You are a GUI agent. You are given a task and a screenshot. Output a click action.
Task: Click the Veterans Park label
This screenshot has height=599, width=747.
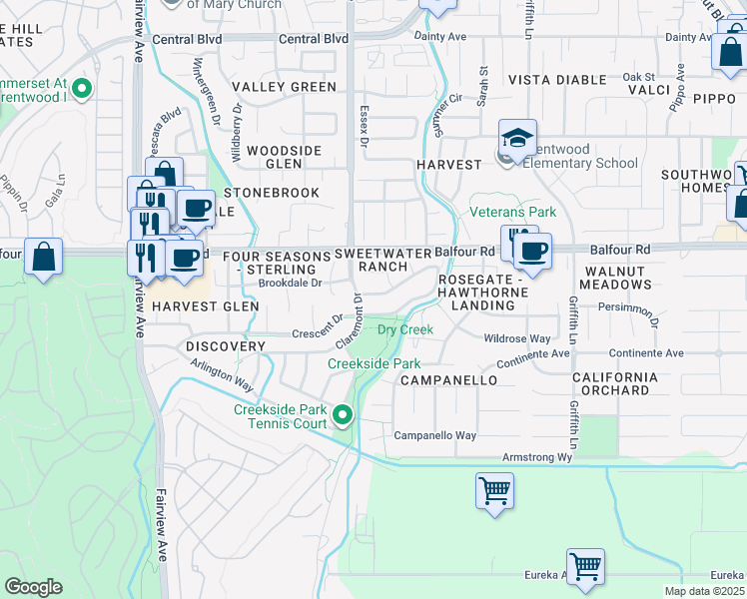click(x=513, y=212)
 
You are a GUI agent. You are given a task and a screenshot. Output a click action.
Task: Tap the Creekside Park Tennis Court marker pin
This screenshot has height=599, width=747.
click(x=344, y=413)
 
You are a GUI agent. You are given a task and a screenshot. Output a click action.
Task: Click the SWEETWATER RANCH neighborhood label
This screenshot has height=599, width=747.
click(x=382, y=260)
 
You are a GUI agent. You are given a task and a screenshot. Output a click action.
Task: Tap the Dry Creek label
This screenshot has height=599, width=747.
click(x=404, y=329)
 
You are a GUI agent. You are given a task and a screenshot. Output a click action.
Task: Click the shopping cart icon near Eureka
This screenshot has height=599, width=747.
click(x=585, y=566)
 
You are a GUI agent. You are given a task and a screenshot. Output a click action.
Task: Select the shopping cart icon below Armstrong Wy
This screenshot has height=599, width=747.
click(x=495, y=491)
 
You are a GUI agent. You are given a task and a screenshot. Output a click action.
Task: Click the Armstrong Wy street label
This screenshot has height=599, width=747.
click(x=536, y=457)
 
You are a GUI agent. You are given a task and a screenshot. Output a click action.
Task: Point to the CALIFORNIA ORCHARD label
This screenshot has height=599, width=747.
click(x=615, y=383)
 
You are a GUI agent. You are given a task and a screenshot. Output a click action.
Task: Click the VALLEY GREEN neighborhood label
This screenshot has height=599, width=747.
click(x=285, y=87)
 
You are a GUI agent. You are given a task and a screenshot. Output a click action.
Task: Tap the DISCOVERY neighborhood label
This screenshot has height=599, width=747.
click(x=226, y=346)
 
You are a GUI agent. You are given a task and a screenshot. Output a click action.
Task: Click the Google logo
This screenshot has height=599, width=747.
click(x=33, y=587)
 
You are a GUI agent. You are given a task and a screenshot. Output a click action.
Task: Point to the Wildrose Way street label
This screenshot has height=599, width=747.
click(x=517, y=339)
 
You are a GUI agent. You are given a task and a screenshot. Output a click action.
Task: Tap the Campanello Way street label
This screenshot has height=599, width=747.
click(x=434, y=435)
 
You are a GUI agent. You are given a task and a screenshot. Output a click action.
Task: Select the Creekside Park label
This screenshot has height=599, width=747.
click(x=374, y=364)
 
